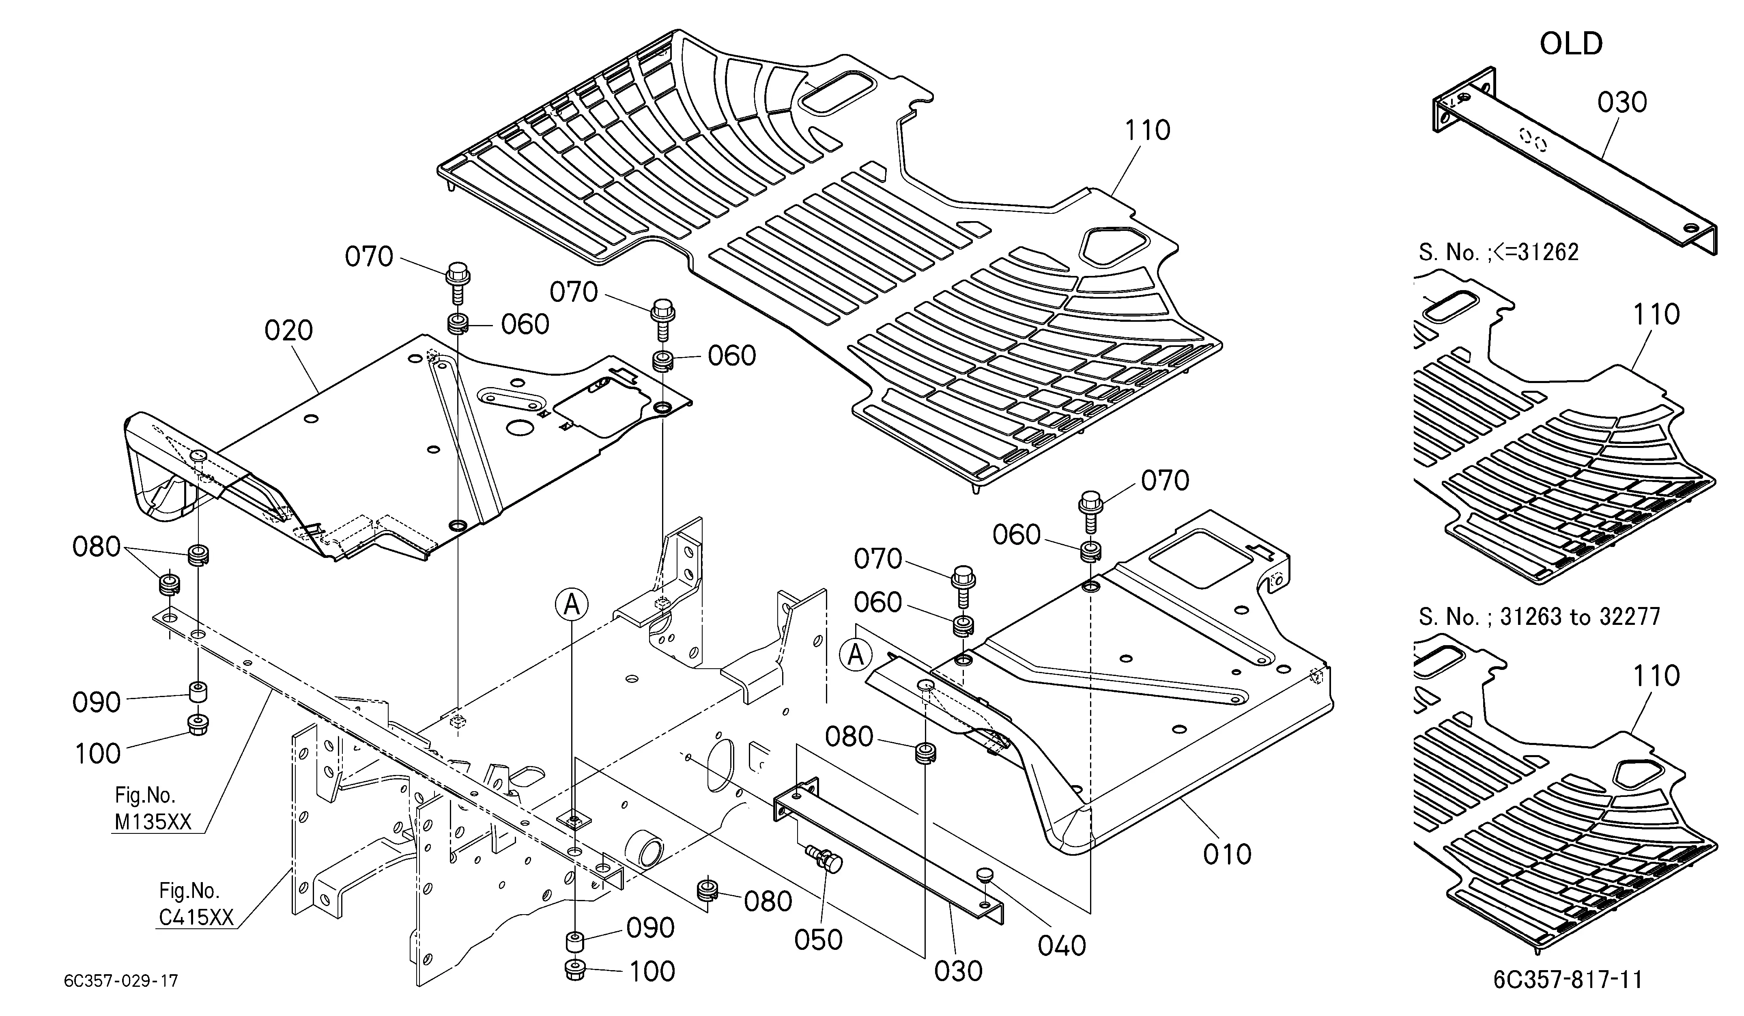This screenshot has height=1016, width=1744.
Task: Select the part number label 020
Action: (288, 331)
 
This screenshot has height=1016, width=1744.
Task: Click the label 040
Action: (1062, 945)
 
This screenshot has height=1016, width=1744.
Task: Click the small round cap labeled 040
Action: (985, 876)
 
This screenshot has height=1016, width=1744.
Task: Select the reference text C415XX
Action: (196, 917)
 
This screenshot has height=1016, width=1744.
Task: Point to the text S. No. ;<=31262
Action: (1498, 252)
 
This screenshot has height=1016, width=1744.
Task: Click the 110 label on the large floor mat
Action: (1147, 130)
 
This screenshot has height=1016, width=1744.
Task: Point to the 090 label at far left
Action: (97, 702)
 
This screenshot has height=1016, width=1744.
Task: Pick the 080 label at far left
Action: (97, 547)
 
